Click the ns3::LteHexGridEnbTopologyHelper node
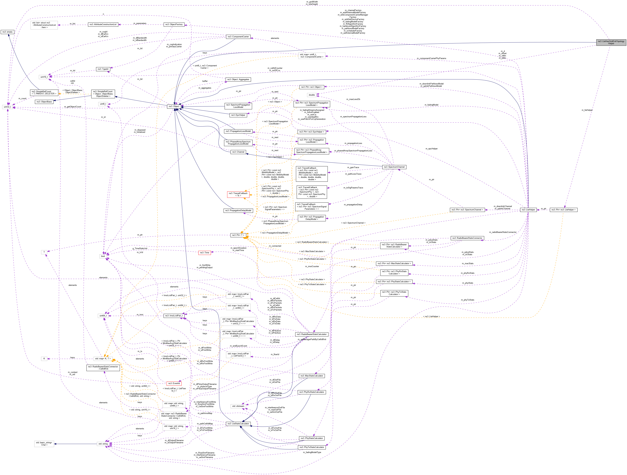coord(611,42)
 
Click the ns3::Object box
coord(174,106)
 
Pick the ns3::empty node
coord(7,32)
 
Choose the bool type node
coord(103,256)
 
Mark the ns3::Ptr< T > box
coord(238,235)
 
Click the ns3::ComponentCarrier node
coord(238,37)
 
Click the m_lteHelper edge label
coord(587,110)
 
